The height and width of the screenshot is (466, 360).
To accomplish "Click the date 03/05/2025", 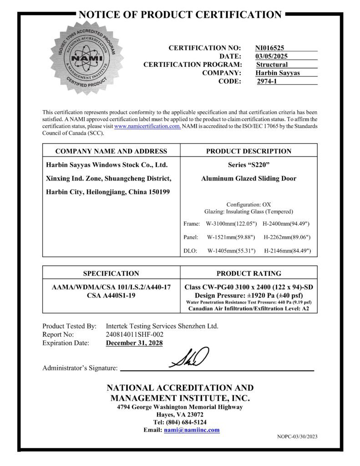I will pos(271,56).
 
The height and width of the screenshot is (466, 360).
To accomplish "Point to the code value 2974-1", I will pos(267,81).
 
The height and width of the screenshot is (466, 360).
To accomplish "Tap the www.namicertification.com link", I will pos(147,126).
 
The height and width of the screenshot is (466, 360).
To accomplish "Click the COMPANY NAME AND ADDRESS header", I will pos(111,151).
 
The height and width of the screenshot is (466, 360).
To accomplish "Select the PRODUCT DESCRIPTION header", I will pos(248,151).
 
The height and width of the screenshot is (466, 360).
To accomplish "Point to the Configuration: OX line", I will pos(248,204).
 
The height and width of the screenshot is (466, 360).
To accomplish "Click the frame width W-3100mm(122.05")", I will pos(231,224).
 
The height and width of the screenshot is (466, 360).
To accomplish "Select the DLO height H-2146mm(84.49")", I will pos(287,251).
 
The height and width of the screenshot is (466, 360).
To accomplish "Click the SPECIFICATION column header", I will pos(111,274).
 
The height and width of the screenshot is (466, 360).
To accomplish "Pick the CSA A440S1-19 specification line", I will pos(111,295).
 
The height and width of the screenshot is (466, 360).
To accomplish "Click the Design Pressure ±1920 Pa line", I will pos(248,295).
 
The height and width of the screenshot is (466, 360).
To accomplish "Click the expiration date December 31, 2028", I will pos(134,343).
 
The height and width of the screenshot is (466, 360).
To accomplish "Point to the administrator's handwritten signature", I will pos(189,358).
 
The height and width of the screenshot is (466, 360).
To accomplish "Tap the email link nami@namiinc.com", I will pos(192,430).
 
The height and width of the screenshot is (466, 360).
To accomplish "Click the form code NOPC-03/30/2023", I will pos(297,437).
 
